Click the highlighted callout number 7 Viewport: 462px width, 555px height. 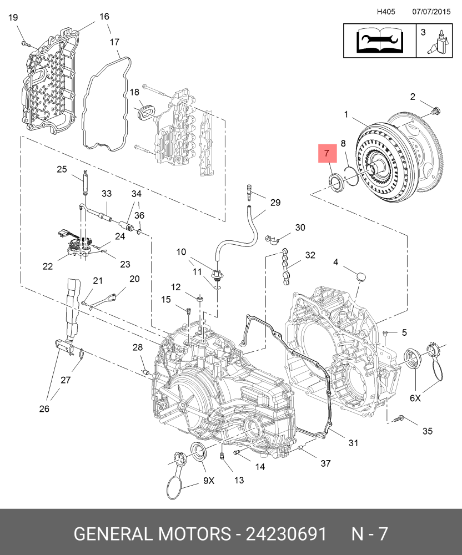tap(327, 153)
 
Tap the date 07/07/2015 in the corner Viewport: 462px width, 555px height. tap(431, 12)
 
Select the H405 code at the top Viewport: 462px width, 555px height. tap(385, 12)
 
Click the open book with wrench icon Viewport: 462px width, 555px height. tap(379, 41)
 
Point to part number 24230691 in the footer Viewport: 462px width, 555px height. tap(286, 533)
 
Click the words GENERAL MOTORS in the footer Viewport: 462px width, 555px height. tap(152, 533)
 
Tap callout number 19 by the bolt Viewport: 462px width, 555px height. tap(13, 17)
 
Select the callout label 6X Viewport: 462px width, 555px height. tap(415, 398)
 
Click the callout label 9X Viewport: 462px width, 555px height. tap(209, 480)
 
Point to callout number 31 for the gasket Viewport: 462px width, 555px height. tap(353, 442)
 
